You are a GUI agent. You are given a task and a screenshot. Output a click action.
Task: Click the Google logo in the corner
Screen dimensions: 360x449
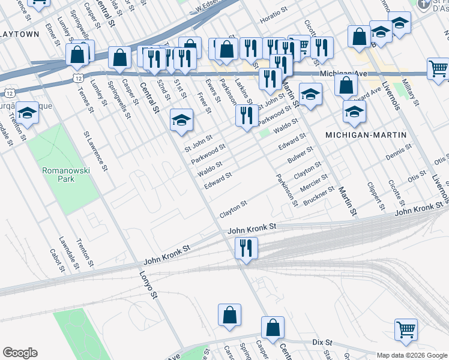coord(20,353)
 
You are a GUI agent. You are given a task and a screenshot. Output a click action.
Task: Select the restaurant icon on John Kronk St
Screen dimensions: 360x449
coord(246,248)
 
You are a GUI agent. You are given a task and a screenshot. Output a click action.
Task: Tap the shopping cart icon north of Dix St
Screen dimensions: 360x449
coord(406,330)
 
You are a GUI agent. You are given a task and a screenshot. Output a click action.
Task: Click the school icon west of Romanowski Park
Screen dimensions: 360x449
coord(27,113)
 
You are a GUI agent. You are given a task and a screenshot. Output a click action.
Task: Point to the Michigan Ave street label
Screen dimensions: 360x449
coord(343,73)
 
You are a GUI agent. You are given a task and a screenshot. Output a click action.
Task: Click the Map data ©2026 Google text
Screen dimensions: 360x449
coord(412,355)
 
